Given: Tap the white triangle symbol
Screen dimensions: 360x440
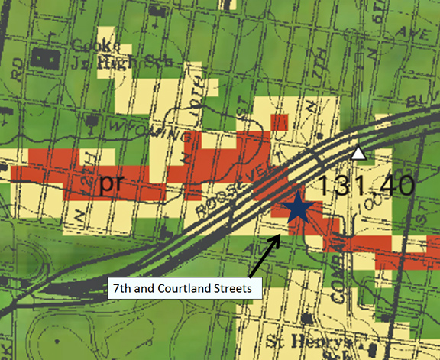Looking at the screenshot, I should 358,154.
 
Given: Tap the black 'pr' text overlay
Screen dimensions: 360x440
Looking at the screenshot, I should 113,185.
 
